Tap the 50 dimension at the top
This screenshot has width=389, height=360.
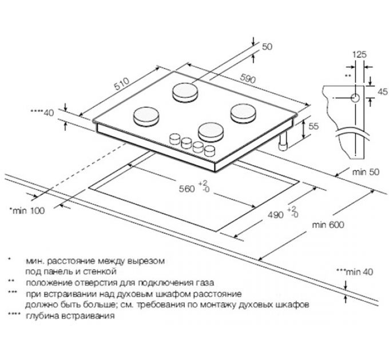point(267,47)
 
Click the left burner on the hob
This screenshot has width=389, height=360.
point(146,117)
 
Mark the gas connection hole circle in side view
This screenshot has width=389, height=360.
point(354,98)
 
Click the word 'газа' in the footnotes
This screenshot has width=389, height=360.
point(203,282)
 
